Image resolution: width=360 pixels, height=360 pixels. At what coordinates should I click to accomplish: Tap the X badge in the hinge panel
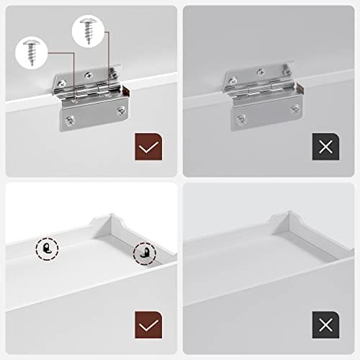325,147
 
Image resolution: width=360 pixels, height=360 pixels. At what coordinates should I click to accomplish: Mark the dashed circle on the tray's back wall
48,249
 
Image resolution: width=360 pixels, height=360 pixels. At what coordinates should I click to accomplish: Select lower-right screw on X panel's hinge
294,109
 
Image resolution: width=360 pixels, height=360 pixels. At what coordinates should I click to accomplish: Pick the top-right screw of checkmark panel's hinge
114,73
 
